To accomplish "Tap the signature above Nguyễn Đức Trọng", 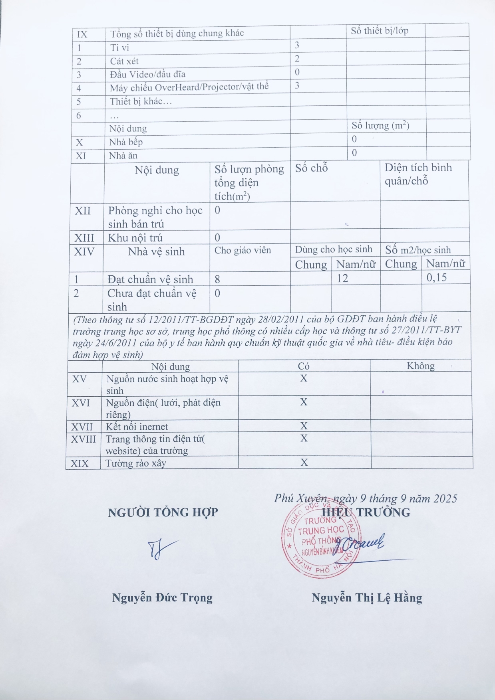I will (161, 550).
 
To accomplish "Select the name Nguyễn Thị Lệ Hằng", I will (366, 597).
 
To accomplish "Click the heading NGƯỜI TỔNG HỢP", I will (163, 512).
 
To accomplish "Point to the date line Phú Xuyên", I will (365, 498).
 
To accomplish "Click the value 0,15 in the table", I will (437, 278).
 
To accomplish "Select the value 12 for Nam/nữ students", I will (342, 278).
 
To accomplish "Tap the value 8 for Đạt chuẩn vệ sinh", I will (217, 279).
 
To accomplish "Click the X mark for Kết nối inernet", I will (304, 426).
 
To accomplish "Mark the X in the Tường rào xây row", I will (304, 463).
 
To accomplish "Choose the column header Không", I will (420, 366).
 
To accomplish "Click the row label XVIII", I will (83, 439).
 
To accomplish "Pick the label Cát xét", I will (124, 61).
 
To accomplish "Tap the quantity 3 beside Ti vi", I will (297, 45).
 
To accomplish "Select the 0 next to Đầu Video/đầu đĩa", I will (297, 72).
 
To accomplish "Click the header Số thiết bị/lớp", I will (380, 31).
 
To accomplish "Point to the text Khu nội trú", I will (135, 238).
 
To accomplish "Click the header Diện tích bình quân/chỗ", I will (418, 174).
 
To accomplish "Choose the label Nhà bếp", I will (126, 142).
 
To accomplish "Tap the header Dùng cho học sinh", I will (334, 249).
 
